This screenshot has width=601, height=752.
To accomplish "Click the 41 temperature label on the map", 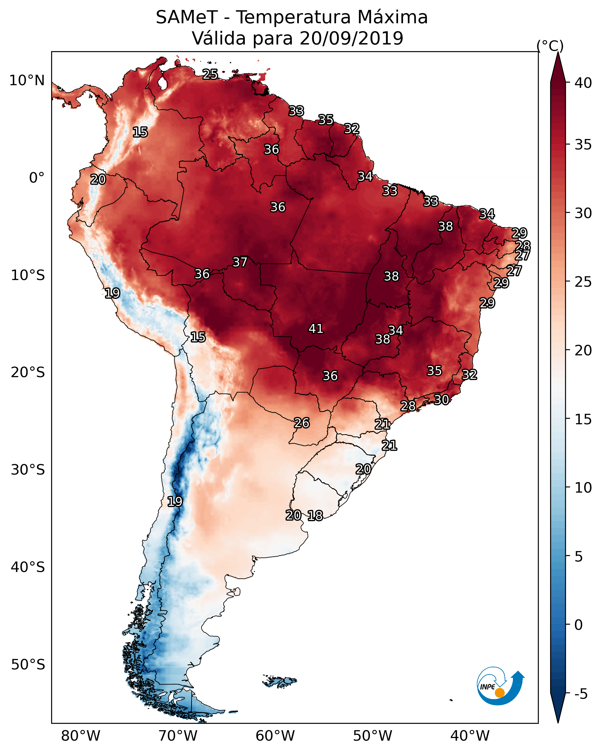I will click(316, 329).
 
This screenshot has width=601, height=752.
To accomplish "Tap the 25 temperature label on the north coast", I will click(210, 74).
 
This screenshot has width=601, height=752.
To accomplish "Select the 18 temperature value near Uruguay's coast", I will click(315, 516).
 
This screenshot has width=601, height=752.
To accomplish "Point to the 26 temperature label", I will click(301, 423).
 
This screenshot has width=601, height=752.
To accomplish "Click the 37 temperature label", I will click(240, 262).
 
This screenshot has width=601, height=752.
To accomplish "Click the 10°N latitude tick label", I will click(27, 81).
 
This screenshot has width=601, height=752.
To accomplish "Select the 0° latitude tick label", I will click(37, 178).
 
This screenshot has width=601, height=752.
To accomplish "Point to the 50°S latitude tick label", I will click(28, 665).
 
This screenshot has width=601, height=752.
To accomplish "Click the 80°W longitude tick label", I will click(81, 736).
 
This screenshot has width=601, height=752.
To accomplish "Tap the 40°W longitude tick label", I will click(470, 736).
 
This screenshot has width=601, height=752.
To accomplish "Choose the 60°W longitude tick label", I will click(275, 736).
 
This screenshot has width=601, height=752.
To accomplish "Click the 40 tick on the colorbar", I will click(583, 83).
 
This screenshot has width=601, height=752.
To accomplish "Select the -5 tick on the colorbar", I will click(581, 694).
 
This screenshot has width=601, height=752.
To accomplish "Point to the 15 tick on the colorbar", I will click(583, 419).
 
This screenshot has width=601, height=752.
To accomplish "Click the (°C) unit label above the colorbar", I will click(550, 46).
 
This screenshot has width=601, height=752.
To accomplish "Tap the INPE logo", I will click(500, 686).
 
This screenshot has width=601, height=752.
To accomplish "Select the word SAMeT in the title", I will click(187, 17).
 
